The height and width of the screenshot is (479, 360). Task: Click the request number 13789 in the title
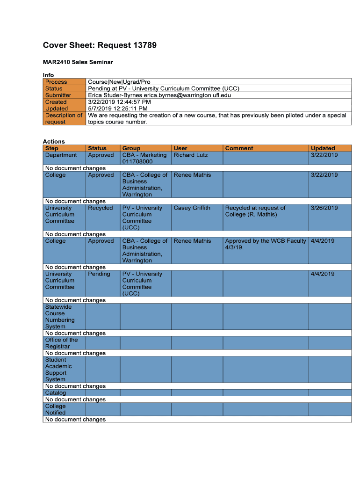coord(138,45)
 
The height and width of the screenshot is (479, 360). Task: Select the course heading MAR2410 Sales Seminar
coord(78,62)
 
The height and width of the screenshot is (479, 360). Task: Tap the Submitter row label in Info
coord(58,95)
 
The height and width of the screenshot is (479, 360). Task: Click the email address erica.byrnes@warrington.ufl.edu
coord(187,95)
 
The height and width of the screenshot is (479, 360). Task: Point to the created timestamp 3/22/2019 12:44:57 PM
coord(119,102)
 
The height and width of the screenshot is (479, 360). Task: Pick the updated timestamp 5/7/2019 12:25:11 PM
coord(117,109)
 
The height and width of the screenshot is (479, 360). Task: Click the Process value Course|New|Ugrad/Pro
coord(119,82)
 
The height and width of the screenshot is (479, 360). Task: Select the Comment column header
coord(239,148)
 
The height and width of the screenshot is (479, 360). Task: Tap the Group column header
coord(131,148)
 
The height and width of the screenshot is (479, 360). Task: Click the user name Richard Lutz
coord(191,155)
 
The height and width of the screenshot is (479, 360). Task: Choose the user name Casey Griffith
coord(192,208)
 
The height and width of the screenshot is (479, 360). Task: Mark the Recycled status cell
coord(100,208)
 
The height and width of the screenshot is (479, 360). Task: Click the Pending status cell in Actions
coord(99,274)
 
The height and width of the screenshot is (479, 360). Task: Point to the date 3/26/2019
coord(324,208)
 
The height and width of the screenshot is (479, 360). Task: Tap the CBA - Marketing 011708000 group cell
coord(144,158)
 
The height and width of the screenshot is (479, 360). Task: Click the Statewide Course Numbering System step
coord(60,317)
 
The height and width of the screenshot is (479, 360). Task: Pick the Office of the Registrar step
coord(61,343)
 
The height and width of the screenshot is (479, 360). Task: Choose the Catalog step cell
coord(56,393)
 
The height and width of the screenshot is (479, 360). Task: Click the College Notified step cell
coord(56,409)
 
